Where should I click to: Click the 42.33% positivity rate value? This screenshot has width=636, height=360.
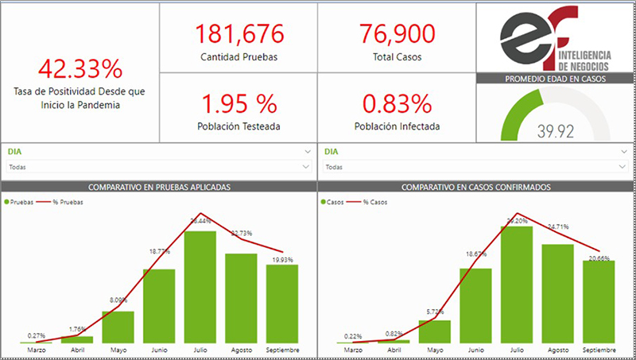pyautogui.click(x=79, y=68)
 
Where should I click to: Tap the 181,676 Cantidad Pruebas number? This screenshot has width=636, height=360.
pyautogui.click(x=238, y=34)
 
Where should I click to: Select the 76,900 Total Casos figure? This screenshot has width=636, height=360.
pyautogui.click(x=397, y=34)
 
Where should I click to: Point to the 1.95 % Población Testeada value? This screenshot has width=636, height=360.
pyautogui.click(x=238, y=103)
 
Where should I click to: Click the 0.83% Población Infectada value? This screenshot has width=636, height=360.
pyautogui.click(x=397, y=103)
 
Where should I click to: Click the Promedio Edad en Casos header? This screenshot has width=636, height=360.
pyautogui.click(x=555, y=79)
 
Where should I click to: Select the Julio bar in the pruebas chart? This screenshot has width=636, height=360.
pyautogui.click(x=200, y=286)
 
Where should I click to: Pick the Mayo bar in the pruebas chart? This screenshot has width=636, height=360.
pyautogui.click(x=118, y=327)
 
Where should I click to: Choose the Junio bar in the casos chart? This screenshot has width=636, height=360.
pyautogui.click(x=475, y=305)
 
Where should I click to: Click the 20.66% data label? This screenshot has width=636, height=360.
pyautogui.click(x=598, y=258)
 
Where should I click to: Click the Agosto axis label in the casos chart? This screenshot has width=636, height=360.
pyautogui.click(x=557, y=350)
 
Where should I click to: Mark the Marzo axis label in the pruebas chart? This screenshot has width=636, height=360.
pyautogui.click(x=37, y=350)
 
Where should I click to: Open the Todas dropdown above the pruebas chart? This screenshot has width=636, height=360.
pyautogui.click(x=159, y=167)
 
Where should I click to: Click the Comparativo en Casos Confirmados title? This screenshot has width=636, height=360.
pyautogui.click(x=475, y=188)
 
